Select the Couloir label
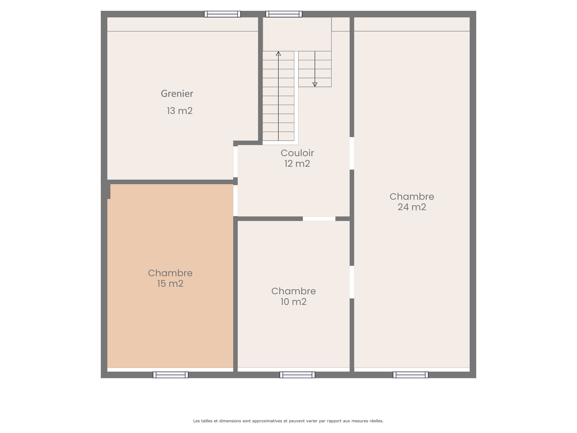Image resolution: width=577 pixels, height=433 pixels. (297, 153)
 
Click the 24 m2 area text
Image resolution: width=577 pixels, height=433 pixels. (412, 207)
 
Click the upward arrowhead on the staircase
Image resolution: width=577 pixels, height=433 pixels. (278, 54)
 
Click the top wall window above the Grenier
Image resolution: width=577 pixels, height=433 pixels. (222, 14)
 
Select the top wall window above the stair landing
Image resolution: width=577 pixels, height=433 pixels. (284, 14)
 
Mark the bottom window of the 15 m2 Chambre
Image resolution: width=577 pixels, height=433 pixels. (171, 375)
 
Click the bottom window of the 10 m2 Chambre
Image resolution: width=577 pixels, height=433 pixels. (297, 375)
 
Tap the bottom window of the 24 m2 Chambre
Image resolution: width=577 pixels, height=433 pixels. (411, 375)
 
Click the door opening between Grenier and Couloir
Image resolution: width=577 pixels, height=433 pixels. (235, 162)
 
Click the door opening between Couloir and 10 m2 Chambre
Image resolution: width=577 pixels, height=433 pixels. (319, 219)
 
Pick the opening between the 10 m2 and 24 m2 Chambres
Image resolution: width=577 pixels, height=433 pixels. (352, 282)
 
